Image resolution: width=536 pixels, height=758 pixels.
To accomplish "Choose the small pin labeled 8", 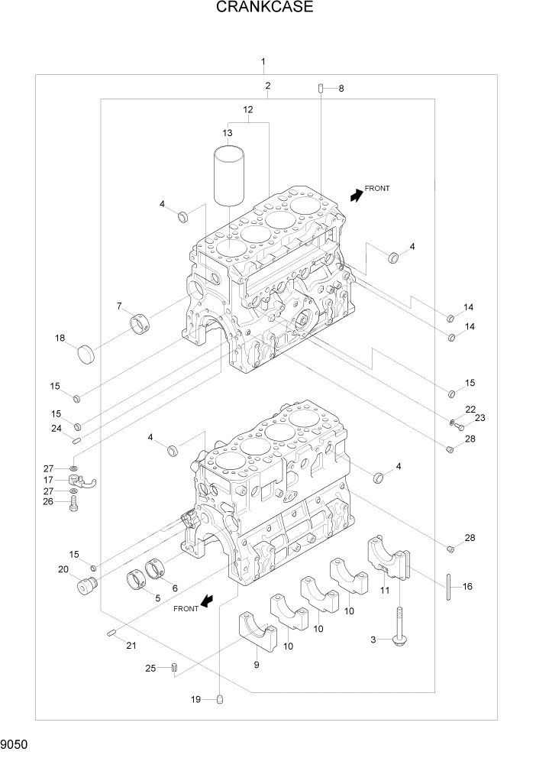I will (321, 89).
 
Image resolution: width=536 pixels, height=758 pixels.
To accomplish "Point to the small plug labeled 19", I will (220, 698).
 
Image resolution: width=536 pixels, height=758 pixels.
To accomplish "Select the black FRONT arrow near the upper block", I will (355, 196).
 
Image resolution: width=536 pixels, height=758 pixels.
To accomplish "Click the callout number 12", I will (247, 110).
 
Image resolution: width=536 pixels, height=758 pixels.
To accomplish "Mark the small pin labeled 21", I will (111, 631).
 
